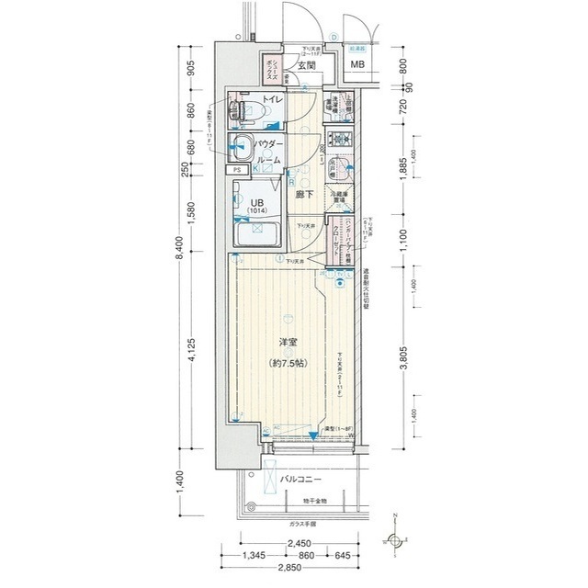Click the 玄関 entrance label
(307, 66)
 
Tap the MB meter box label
(357, 65)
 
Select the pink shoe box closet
(272, 66)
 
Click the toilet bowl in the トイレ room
(245, 111)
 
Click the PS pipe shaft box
(237, 170)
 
